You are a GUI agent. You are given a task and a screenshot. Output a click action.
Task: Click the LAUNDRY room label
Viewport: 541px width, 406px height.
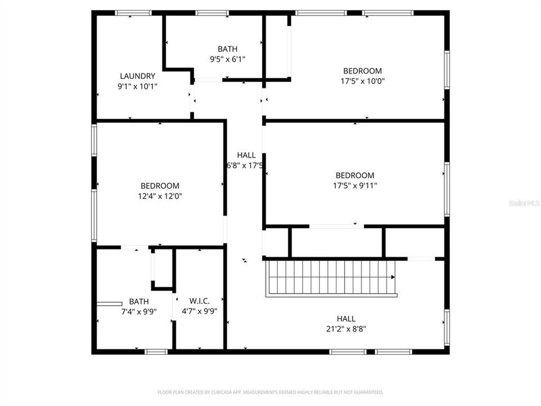tap(137, 76)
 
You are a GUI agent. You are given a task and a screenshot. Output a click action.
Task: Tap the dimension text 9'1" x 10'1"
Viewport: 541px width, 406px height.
tap(137, 86)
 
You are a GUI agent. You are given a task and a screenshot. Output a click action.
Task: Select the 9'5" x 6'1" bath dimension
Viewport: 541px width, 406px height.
tap(227, 59)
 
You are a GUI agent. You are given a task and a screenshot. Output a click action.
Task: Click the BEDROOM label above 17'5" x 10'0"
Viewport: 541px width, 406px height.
tap(362, 71)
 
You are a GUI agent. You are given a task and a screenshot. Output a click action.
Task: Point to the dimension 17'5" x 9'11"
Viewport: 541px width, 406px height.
tap(354, 185)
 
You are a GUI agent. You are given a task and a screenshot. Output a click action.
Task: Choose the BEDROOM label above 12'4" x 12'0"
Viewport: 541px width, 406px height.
tap(160, 186)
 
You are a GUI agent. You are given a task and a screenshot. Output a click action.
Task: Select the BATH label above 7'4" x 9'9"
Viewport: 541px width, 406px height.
tap(139, 301)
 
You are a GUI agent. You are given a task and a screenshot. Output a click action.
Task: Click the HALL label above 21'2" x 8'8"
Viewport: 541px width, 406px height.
tap(346, 319)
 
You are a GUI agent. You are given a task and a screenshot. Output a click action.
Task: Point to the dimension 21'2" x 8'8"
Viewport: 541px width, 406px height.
tap(346, 329)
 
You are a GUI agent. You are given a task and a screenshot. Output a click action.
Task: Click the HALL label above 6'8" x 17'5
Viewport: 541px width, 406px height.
tap(246, 155)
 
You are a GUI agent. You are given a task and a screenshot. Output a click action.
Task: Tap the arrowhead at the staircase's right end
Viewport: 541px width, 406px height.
tap(393, 277)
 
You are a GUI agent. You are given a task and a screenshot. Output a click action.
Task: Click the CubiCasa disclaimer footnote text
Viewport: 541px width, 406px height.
tap(270, 392)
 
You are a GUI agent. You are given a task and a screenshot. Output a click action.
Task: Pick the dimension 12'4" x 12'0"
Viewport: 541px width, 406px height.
tap(160, 196)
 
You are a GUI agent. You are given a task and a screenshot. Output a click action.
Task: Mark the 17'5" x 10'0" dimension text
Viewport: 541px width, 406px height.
tap(362, 81)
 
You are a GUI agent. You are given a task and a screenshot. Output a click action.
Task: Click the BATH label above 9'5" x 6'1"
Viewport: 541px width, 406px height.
tap(227, 49)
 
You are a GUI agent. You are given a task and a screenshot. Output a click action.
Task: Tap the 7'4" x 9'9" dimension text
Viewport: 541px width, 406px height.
tap(139, 311)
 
